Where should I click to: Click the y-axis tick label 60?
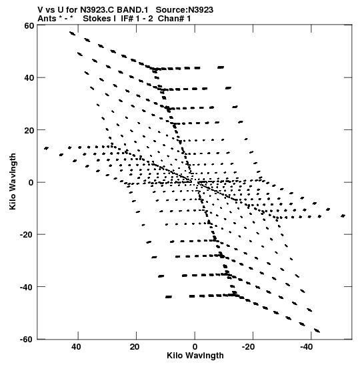click(x=29, y=25)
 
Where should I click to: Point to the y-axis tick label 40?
click(x=29, y=78)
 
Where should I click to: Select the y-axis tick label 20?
click(x=29, y=130)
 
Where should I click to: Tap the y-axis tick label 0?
click(x=31, y=183)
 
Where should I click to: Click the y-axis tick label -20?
click(x=27, y=235)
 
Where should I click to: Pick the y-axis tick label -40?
click(x=27, y=287)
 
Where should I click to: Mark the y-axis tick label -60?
click(x=27, y=340)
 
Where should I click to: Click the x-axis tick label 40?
click(x=76, y=347)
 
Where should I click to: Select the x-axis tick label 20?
click(x=135, y=347)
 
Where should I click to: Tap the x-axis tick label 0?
click(x=195, y=347)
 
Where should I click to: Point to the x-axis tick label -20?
click(x=249, y=347)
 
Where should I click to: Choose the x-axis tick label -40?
click(x=307, y=347)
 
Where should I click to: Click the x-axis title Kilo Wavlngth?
click(x=195, y=356)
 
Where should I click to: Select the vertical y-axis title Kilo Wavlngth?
click(x=13, y=181)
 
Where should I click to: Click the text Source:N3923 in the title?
click(x=185, y=10)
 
